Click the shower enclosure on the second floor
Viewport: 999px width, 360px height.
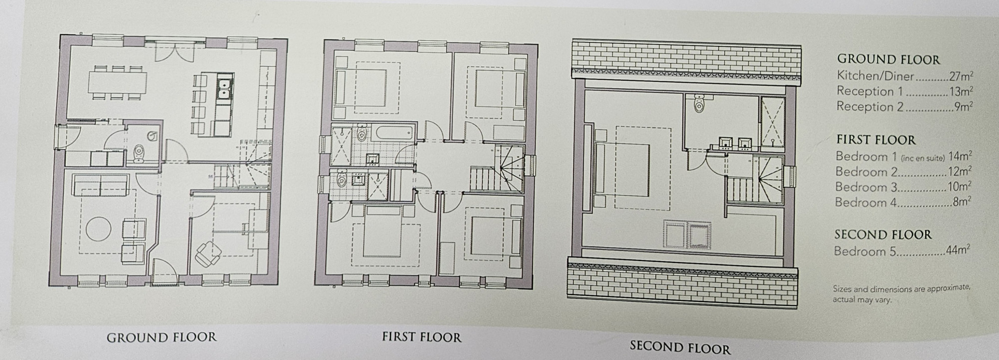772,121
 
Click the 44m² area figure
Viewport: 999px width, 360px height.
958,250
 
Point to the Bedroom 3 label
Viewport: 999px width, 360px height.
866,187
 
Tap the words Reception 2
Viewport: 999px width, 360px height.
870,106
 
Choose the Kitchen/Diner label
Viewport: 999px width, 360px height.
875,76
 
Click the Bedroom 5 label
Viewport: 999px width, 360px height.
865,251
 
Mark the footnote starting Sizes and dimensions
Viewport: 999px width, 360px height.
901,294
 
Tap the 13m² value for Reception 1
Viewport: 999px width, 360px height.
961,91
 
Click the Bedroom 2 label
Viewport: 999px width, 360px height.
866,172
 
